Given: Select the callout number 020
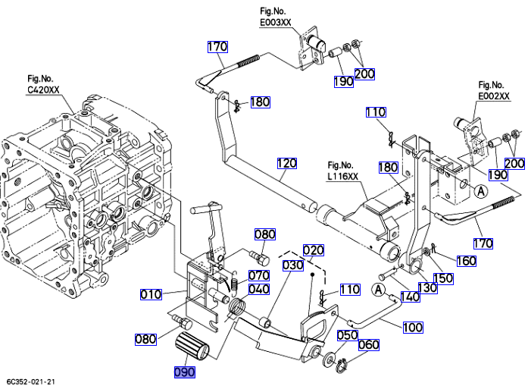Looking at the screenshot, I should pos(314,249).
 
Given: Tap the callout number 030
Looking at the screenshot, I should pos(293,265).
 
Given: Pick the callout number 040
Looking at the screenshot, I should pos(259,289).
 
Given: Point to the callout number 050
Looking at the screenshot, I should pos(347,334).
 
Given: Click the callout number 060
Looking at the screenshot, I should pos(368,345).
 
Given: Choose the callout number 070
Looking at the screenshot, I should pos(259,275).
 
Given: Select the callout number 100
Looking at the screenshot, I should pos(413,328).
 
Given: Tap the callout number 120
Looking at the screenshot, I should pos(287,163).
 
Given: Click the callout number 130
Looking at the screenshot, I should pos(428,288).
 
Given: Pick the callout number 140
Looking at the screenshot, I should pos(410,297).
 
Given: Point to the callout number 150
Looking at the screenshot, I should pos(442,278).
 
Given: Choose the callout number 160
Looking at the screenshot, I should pos(466,262).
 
